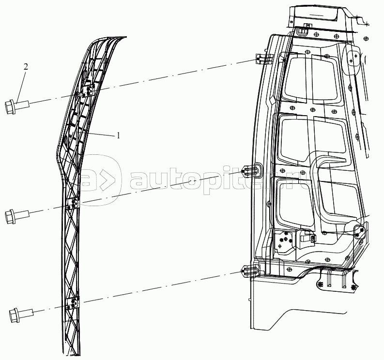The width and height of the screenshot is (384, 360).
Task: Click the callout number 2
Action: (25, 67)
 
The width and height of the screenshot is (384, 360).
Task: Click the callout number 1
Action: (118, 136)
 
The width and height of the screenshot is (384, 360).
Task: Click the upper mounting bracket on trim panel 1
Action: (89, 90)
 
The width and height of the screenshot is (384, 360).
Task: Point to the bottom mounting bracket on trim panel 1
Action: (74, 303)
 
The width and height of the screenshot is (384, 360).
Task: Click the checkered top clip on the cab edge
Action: (262, 59)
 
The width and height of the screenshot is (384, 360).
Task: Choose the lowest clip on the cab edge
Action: (249, 271)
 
